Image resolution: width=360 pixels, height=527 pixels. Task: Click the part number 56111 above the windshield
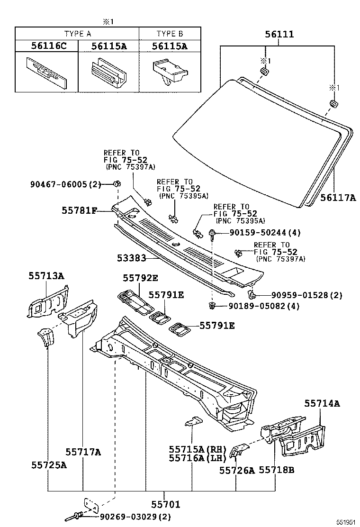coord(279,35)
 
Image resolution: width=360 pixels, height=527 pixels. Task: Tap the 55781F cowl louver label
coord(79,209)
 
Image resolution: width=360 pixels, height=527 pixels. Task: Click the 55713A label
coord(45,276)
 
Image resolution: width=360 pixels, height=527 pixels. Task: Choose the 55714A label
coord(322,403)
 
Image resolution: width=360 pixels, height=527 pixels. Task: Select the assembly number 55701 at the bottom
coord(165,505)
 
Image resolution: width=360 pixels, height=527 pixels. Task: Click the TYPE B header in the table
coord(170,34)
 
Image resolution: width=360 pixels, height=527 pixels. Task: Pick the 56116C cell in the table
coord(46,46)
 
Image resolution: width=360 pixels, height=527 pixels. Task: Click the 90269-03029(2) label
coord(135,516)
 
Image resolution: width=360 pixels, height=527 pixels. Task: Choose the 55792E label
coord(140,278)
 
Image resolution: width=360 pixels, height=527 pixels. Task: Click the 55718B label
coord(277,470)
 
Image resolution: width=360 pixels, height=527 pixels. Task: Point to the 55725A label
coord(49,465)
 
